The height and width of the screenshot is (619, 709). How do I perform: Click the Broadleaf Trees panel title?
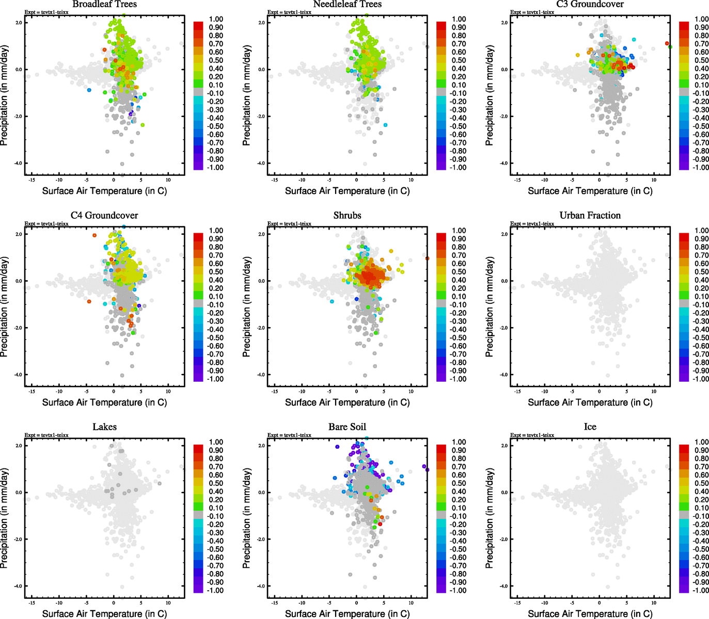104,5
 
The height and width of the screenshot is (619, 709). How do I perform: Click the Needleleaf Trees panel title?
347,5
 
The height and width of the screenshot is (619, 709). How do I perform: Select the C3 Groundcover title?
590,5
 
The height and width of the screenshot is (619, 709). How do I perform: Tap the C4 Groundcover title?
104,216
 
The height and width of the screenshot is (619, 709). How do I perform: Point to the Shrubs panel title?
347,216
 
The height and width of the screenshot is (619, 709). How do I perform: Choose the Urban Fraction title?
590,216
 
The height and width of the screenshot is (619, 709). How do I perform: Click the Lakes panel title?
104,427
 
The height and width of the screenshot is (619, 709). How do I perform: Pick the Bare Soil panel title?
347,427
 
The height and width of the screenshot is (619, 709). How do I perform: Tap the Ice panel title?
590,427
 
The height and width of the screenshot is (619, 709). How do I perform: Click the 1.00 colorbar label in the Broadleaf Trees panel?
216,19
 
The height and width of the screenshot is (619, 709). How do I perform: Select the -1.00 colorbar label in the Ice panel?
701,590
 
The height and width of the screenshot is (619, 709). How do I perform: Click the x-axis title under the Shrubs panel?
347,402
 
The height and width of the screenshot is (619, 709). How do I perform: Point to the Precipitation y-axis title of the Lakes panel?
5,518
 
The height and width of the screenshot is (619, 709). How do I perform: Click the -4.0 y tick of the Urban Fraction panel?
503,375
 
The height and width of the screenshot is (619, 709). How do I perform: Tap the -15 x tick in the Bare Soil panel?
274,602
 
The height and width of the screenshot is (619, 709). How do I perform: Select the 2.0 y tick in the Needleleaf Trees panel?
261,23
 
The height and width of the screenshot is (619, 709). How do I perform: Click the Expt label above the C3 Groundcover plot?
532,12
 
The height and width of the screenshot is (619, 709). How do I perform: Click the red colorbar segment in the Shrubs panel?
442,237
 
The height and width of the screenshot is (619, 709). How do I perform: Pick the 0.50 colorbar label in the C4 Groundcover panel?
216,272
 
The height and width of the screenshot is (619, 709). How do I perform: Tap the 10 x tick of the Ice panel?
654,602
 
